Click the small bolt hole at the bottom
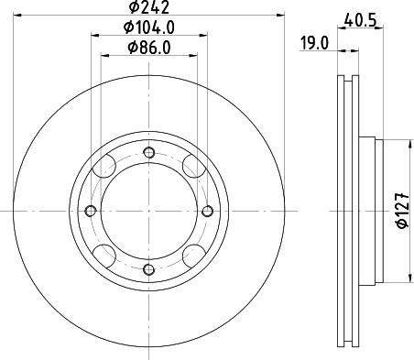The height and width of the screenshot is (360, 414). (148, 268)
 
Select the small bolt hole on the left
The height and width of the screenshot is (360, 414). (91, 212)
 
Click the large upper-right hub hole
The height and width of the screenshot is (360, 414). (191, 168)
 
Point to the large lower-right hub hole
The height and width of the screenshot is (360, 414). (191, 256)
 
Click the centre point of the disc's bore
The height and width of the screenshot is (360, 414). (148, 212)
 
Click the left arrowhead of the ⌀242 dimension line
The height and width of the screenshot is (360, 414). (20, 16)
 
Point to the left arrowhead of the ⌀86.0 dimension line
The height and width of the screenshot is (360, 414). (103, 54)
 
